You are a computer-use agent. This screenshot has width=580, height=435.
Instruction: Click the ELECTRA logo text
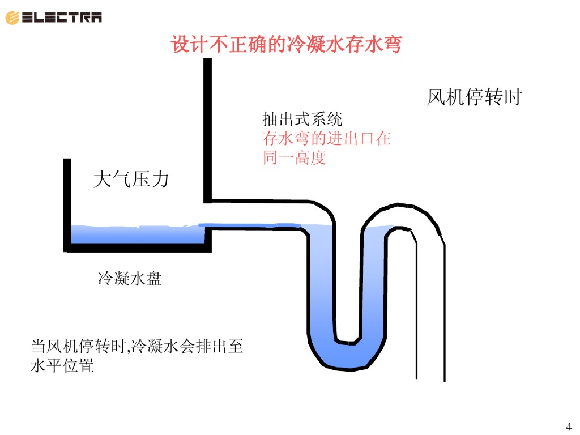(62, 18)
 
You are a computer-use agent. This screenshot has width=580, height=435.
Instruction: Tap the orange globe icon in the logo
(12, 18)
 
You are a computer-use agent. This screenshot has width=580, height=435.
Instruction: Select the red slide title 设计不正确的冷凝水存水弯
(286, 44)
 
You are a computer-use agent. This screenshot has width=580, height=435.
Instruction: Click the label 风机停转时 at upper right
(474, 97)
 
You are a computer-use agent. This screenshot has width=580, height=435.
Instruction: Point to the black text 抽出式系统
(302, 120)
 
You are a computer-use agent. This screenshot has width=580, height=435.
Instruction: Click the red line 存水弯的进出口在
(326, 138)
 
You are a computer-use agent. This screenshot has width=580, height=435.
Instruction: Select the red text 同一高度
(294, 157)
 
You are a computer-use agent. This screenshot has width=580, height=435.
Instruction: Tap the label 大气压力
(131, 180)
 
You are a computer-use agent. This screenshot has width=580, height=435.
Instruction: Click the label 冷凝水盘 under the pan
(130, 279)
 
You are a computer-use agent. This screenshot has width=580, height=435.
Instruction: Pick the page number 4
(569, 426)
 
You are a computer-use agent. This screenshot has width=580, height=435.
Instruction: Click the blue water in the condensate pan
(136, 234)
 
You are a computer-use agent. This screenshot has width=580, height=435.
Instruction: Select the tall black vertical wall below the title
(207, 130)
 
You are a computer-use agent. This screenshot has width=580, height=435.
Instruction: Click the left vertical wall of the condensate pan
(67, 204)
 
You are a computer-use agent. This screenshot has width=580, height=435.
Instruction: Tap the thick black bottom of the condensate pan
(136, 248)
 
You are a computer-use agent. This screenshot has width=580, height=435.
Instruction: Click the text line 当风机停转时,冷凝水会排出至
(137, 346)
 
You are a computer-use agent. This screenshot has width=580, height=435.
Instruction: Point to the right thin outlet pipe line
(445, 312)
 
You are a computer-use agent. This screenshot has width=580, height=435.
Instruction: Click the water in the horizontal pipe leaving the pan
(255, 227)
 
